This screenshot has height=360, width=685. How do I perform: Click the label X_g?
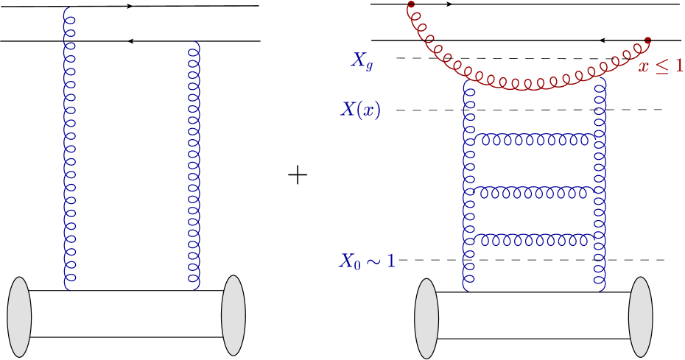tap(362, 62)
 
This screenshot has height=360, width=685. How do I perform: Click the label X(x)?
tap(360, 110)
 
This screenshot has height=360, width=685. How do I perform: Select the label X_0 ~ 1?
tap(367, 261)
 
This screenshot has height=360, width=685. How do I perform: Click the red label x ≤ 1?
tap(661, 66)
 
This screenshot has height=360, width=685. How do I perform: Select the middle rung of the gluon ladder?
tap(534, 192)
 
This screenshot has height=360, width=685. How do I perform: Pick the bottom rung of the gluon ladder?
tap(534, 239)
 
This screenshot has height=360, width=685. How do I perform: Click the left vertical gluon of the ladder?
tap(468, 184)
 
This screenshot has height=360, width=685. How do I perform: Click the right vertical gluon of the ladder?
tap(600, 184)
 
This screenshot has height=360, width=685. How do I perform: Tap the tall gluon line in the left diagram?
tap(69, 147)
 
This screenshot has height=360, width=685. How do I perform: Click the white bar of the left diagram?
tap(125, 314)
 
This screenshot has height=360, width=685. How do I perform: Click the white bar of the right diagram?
tap(534, 315)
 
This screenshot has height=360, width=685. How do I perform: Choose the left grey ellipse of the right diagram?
tap(426, 318)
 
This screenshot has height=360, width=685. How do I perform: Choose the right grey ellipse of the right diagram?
tap(640, 317)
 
